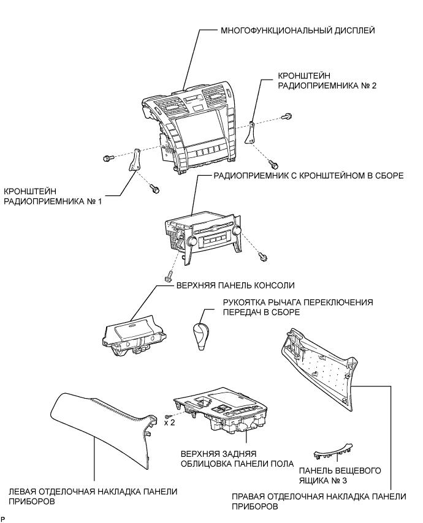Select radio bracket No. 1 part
(x=134, y=162)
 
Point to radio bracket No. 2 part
(x=251, y=131)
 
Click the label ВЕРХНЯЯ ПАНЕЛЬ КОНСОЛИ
(x=235, y=285)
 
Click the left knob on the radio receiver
(x=191, y=243)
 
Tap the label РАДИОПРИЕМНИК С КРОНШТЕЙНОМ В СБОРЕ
(x=308, y=175)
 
